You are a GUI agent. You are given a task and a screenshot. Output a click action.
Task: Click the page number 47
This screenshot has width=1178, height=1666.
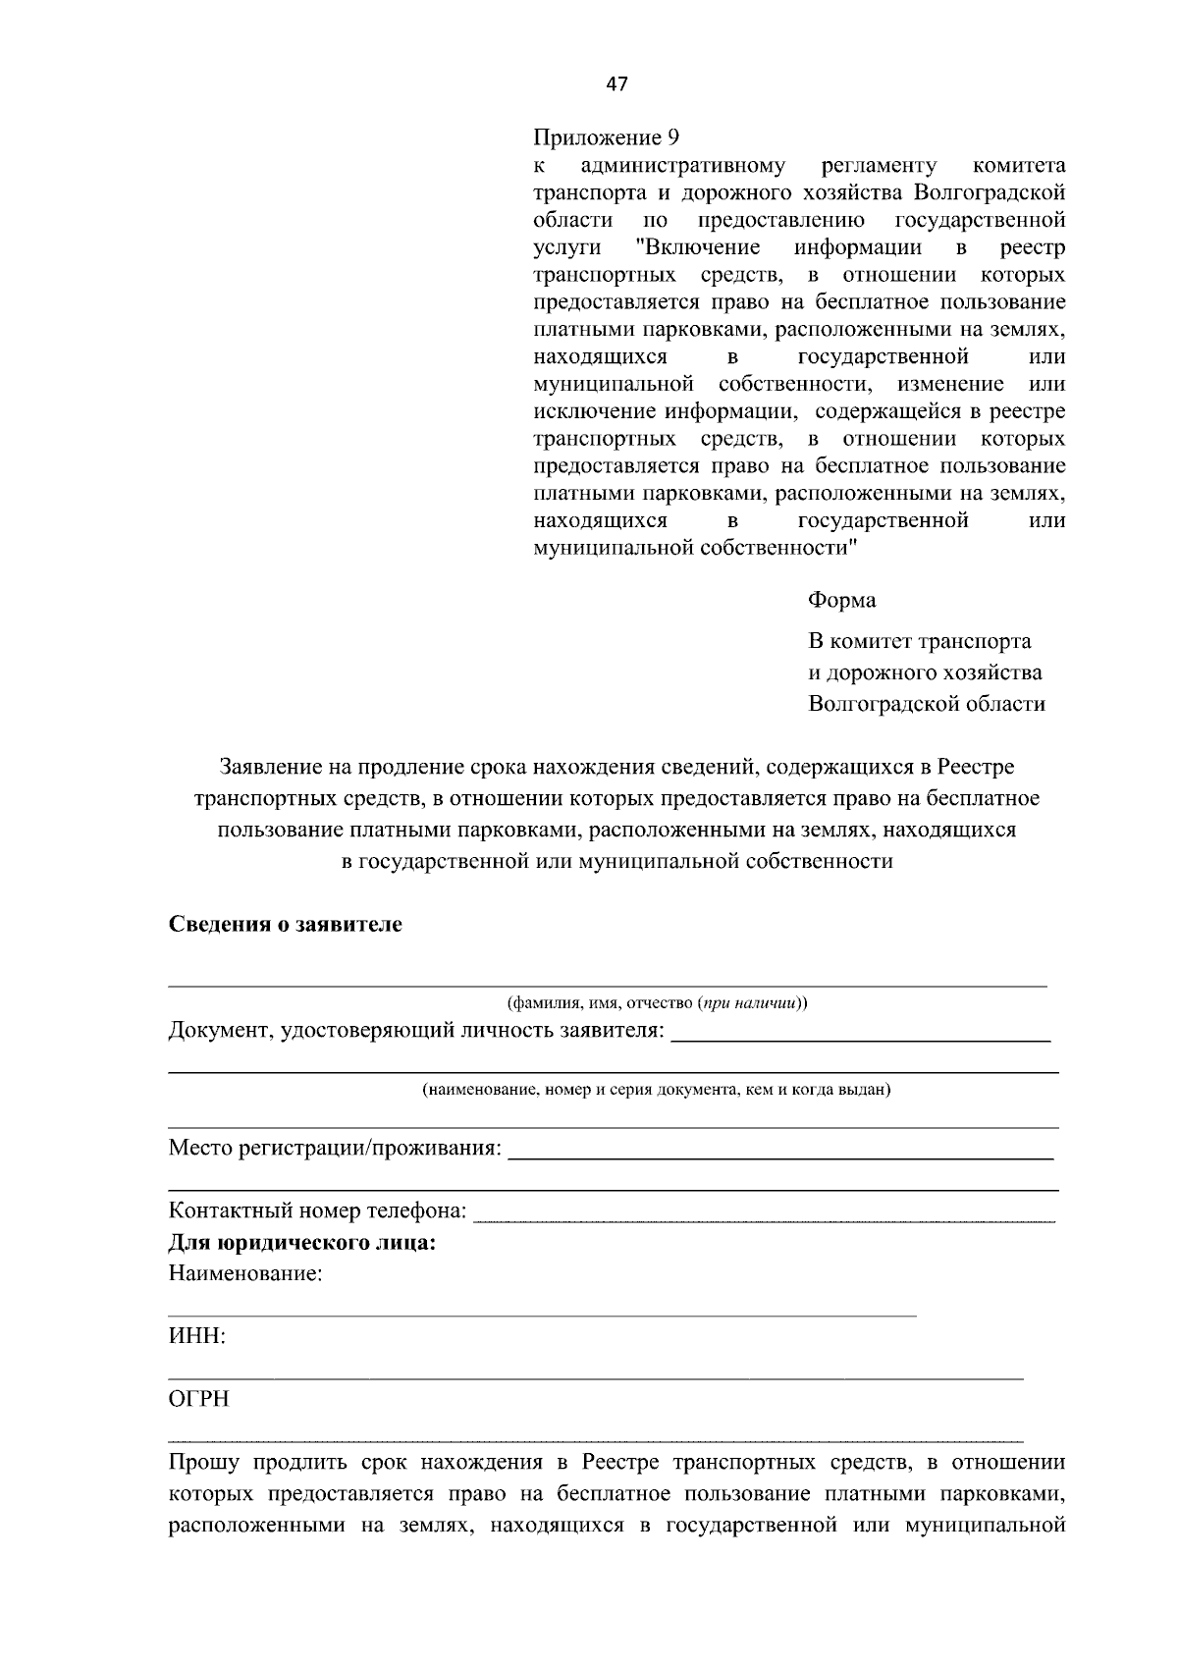coord(616,83)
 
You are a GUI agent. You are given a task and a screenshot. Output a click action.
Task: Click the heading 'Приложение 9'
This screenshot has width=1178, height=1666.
coord(606,137)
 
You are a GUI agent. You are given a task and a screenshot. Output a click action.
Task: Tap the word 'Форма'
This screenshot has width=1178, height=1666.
coord(841,600)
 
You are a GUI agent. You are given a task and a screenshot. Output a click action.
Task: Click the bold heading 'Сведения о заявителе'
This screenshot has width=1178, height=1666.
coord(286,925)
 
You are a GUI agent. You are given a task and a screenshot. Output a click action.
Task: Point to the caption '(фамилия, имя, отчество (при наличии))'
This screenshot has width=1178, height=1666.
coord(657,1003)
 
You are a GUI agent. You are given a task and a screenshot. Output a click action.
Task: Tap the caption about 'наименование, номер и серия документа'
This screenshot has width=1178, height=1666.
coord(657,1090)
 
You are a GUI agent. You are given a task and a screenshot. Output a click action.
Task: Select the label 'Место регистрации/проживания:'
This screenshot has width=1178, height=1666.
coord(335,1148)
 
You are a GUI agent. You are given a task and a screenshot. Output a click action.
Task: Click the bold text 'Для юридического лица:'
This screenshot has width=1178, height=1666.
coord(302,1243)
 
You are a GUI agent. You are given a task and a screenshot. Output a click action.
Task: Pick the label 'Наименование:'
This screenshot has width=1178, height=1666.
coord(245,1274)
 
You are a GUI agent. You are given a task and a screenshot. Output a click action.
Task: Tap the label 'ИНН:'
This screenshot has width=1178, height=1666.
coord(197,1337)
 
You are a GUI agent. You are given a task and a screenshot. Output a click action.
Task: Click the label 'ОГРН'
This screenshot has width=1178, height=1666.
coord(199,1400)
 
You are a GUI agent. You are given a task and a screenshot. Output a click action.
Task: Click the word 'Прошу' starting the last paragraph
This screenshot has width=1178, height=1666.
coord(204,1463)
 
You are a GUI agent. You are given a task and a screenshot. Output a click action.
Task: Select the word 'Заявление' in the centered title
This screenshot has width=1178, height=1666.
coord(270,767)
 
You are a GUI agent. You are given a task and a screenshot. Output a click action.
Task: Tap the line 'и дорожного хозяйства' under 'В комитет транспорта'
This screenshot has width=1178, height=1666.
coord(925,672)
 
